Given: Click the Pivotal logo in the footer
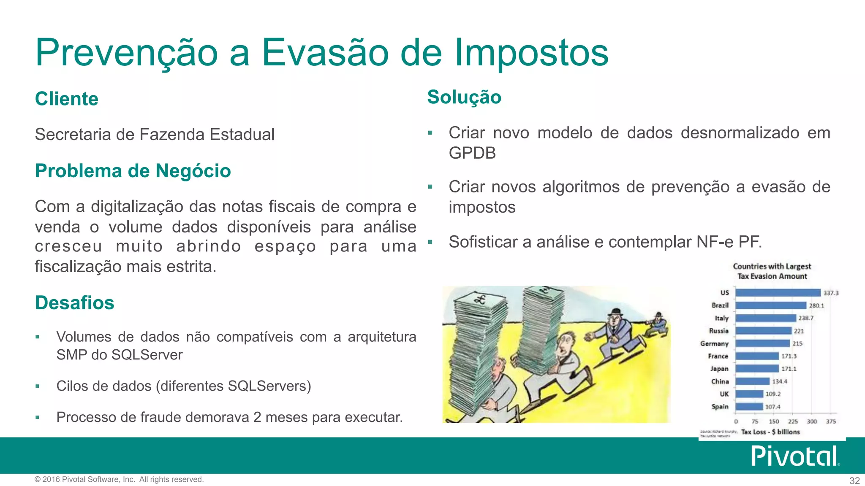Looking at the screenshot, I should [x=794, y=456].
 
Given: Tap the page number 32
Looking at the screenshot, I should [x=854, y=481].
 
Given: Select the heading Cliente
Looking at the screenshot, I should [x=67, y=99].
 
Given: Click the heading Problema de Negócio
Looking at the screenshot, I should [x=133, y=171].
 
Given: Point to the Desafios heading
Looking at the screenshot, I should [x=75, y=303].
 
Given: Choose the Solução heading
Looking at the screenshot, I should [x=464, y=97].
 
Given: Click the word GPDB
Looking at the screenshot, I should [x=472, y=153].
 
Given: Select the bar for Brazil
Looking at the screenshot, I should [x=771, y=305].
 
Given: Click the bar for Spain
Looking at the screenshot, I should [x=749, y=407].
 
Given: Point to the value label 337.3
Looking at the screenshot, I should [x=831, y=293].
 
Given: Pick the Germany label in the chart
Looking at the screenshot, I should [x=714, y=343].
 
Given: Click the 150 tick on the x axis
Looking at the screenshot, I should [x=774, y=421].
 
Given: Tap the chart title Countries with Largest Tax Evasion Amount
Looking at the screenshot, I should [x=772, y=271].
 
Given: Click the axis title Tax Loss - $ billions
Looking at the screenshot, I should [x=770, y=432].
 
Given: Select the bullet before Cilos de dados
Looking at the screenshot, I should [x=38, y=386].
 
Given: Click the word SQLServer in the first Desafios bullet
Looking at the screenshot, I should [x=147, y=355].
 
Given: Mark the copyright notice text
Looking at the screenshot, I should [x=119, y=479].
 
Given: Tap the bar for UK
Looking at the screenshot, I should [x=749, y=394].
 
